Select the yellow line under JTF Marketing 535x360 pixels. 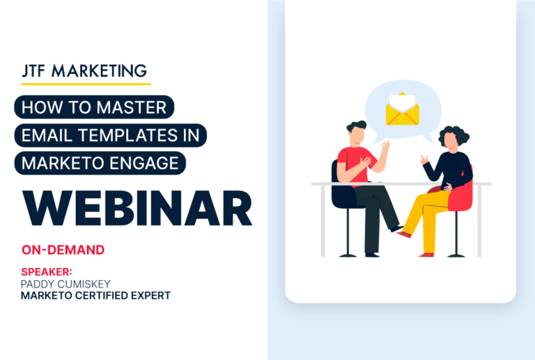(x=82, y=84)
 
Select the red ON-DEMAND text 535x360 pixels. (x=63, y=249)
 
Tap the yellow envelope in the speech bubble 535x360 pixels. (x=401, y=110)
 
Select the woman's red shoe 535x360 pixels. (x=405, y=234)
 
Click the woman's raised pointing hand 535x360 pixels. (x=424, y=159)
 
